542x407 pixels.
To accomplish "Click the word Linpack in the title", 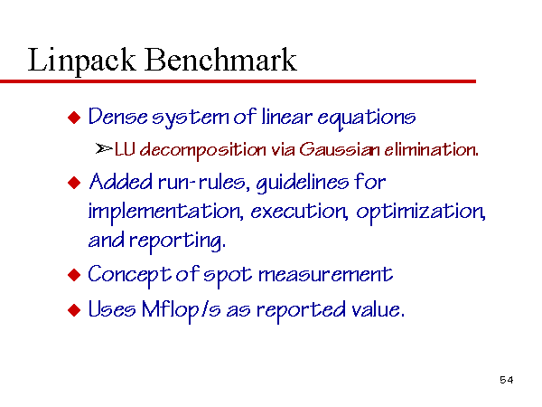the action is tap(81, 61).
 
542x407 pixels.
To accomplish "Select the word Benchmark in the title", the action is tap(220, 59).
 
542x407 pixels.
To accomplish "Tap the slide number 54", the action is tap(507, 380).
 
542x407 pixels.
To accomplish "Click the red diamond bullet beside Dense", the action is tap(74, 118).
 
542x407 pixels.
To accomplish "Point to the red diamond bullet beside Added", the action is tap(74, 183).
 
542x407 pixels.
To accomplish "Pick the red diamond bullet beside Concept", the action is tap(74, 275).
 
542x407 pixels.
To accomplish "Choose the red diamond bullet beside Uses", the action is tap(74, 310).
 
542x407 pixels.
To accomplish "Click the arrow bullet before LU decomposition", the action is tap(104, 149).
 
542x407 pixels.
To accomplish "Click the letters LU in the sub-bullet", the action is tap(125, 149).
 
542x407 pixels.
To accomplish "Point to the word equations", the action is tap(367, 118).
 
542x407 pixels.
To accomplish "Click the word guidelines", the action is tap(303, 183).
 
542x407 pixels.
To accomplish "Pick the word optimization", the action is tap(421, 213).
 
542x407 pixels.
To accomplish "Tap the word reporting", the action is tap(178, 241).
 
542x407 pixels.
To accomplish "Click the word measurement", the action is tap(325, 276).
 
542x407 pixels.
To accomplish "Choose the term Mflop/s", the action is tap(182, 310).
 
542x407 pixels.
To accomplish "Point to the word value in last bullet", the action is tap(378, 309).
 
